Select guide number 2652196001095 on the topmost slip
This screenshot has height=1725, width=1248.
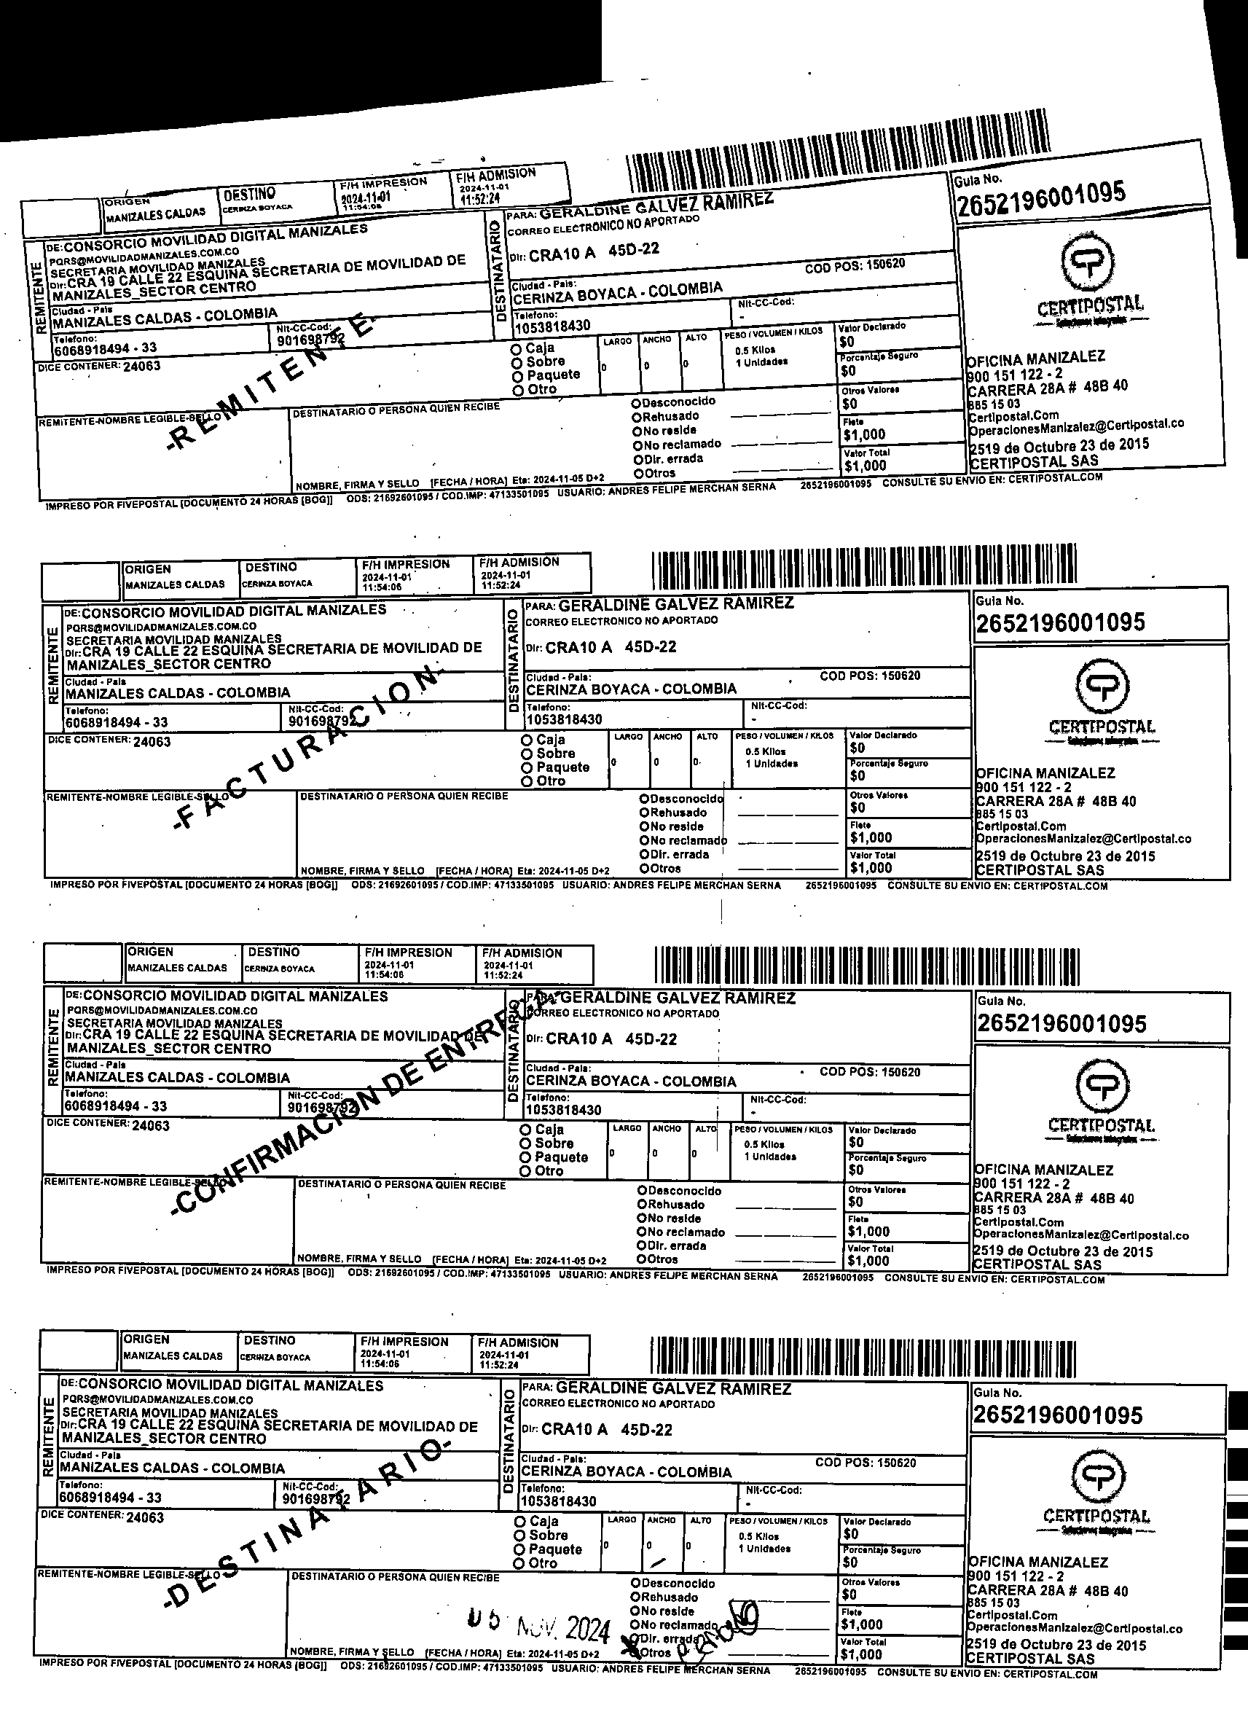tap(1041, 197)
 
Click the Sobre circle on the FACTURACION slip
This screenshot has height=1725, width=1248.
tap(526, 754)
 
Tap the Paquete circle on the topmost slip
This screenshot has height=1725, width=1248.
tap(517, 376)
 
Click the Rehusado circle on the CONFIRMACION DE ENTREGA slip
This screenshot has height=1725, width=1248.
tap(642, 1205)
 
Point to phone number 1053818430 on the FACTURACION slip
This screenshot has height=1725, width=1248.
tap(565, 719)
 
